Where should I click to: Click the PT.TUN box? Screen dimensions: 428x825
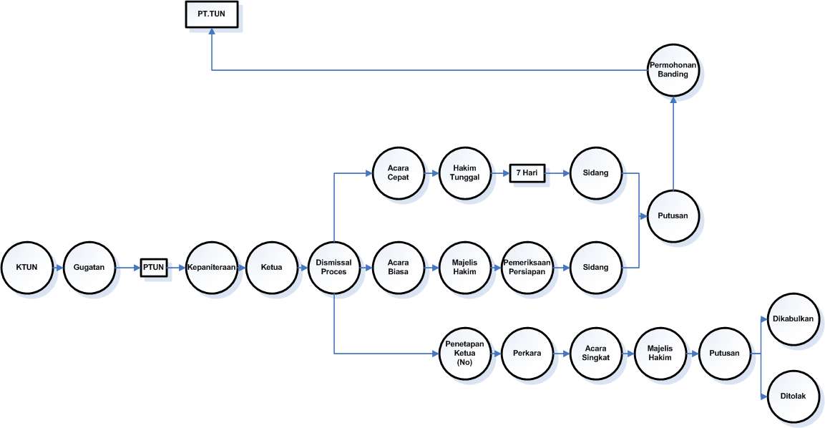click(212, 15)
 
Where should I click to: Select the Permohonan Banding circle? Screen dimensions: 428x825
click(673, 69)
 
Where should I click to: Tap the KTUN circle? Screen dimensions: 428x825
click(27, 268)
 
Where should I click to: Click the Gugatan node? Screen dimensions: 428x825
click(89, 268)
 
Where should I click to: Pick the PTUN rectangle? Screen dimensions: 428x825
click(153, 268)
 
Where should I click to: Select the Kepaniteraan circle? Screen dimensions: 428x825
click(213, 268)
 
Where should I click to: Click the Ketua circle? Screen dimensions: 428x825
click(273, 268)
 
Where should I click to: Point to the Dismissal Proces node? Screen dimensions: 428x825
click(334, 268)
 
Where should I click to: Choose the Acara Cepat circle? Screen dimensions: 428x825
click(399, 173)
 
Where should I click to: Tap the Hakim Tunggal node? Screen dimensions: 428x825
click(465, 173)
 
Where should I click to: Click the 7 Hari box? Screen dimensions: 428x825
click(527, 173)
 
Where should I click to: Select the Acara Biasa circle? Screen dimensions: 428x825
click(399, 268)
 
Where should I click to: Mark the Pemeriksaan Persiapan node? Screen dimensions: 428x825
click(527, 268)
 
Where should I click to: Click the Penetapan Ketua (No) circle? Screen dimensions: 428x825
click(464, 354)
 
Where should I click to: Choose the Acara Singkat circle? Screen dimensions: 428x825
click(596, 354)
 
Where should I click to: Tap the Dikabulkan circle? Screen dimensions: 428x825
click(791, 319)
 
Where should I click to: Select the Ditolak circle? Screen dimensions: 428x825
click(791, 395)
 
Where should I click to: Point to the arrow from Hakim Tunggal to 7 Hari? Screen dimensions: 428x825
click(500, 173)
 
